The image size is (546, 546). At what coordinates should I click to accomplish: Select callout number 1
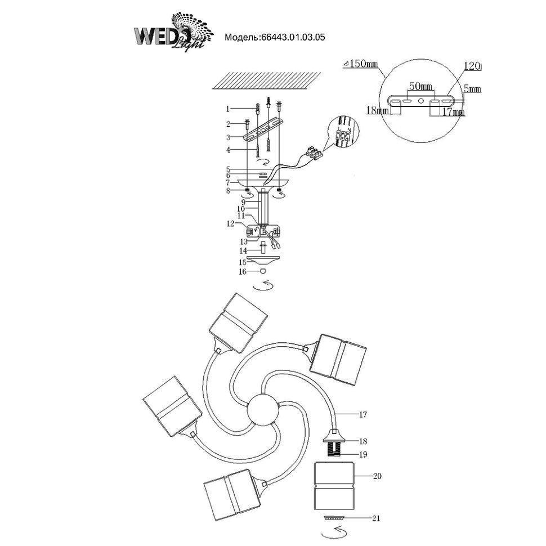(x=228, y=109)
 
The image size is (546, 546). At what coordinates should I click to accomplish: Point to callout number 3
(x=228, y=137)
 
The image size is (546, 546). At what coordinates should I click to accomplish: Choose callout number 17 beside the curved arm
(x=363, y=415)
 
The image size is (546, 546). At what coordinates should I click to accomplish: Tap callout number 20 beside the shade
(x=378, y=476)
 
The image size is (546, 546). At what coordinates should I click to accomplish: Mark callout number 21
(x=377, y=518)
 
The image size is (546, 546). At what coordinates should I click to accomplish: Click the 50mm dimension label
(x=420, y=87)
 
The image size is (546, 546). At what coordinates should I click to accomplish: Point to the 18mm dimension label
(x=377, y=111)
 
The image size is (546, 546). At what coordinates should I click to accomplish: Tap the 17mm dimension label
(x=454, y=113)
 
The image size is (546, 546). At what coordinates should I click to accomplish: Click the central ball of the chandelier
(x=263, y=410)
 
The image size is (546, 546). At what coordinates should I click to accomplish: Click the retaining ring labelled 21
(x=335, y=517)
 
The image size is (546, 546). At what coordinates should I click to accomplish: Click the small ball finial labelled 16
(x=263, y=271)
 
